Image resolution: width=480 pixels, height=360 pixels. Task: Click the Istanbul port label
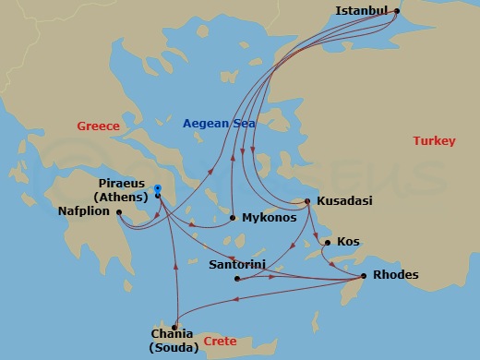(361, 11)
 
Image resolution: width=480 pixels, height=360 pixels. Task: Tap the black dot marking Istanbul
(397, 12)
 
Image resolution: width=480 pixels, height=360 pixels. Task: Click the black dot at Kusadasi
(307, 201)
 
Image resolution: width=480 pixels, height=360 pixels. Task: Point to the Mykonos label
(269, 219)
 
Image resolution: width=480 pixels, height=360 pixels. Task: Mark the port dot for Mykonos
(232, 219)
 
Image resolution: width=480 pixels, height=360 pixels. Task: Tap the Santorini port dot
(237, 278)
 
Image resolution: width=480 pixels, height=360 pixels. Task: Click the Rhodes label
(395, 275)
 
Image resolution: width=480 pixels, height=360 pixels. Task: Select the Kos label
(348, 242)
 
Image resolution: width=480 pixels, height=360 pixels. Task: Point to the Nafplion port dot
(119, 212)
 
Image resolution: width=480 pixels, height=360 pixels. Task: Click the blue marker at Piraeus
(159, 189)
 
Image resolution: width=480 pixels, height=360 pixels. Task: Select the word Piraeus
(121, 183)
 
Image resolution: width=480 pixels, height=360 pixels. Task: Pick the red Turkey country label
(434, 141)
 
